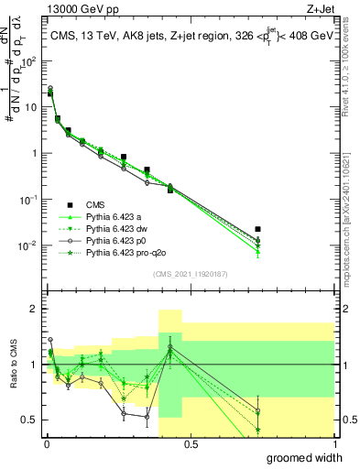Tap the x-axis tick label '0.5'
[x=190, y=444]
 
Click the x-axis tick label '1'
[x=334, y=444]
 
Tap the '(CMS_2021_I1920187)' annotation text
[x=190, y=274]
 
